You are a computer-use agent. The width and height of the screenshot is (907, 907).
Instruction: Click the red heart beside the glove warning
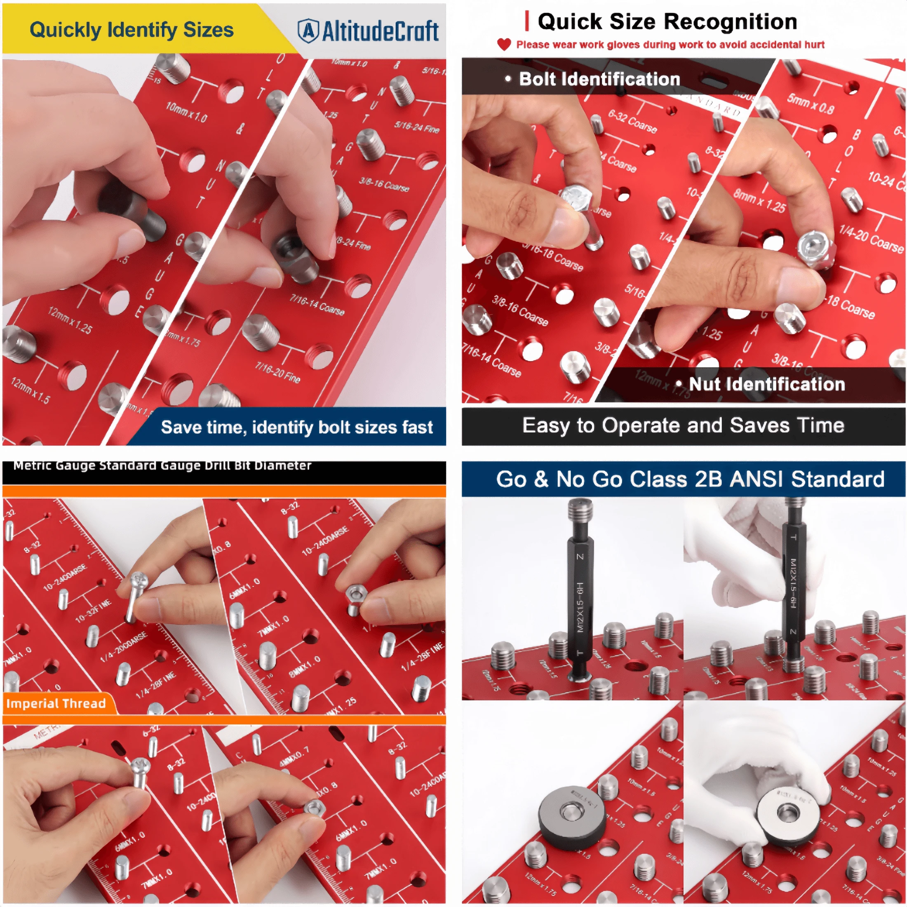(504, 45)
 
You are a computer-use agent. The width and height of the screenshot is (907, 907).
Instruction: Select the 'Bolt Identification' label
(599, 79)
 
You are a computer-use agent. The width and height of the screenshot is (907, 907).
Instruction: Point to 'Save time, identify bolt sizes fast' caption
(296, 427)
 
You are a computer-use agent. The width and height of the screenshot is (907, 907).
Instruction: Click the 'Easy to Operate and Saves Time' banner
(683, 425)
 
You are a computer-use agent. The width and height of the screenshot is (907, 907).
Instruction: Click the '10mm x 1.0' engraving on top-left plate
(186, 112)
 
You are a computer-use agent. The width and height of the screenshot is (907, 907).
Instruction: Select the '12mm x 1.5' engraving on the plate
(31, 390)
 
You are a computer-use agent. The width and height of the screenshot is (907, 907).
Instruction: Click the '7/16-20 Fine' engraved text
(277, 372)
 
